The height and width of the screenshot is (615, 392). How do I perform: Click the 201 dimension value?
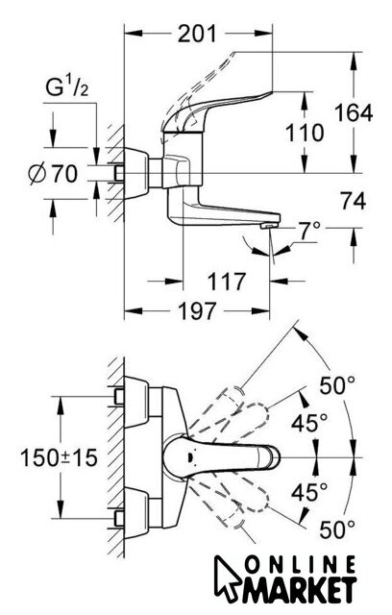(197, 34)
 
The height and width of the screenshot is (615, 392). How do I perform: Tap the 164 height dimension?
(354, 113)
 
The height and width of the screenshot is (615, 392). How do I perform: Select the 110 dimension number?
(305, 133)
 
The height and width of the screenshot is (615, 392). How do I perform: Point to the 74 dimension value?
(353, 202)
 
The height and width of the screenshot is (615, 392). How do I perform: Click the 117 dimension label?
(227, 282)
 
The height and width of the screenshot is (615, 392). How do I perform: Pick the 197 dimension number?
(197, 311)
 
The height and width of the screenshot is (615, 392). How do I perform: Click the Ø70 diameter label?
(53, 174)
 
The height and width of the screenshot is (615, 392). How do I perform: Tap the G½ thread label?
(67, 87)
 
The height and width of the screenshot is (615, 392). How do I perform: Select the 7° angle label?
(308, 230)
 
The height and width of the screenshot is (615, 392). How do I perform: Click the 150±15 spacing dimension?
(59, 457)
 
